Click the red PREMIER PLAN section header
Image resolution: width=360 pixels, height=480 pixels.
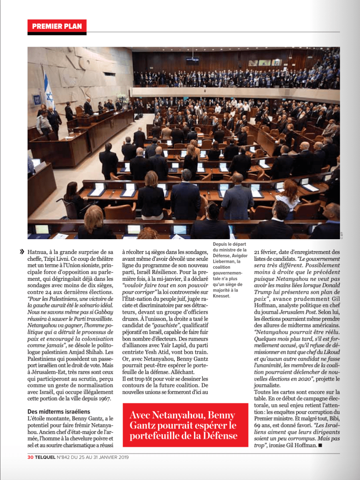point(57,26)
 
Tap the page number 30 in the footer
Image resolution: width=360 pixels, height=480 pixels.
point(30,457)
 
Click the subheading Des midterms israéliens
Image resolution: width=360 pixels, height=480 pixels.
point(59,411)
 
